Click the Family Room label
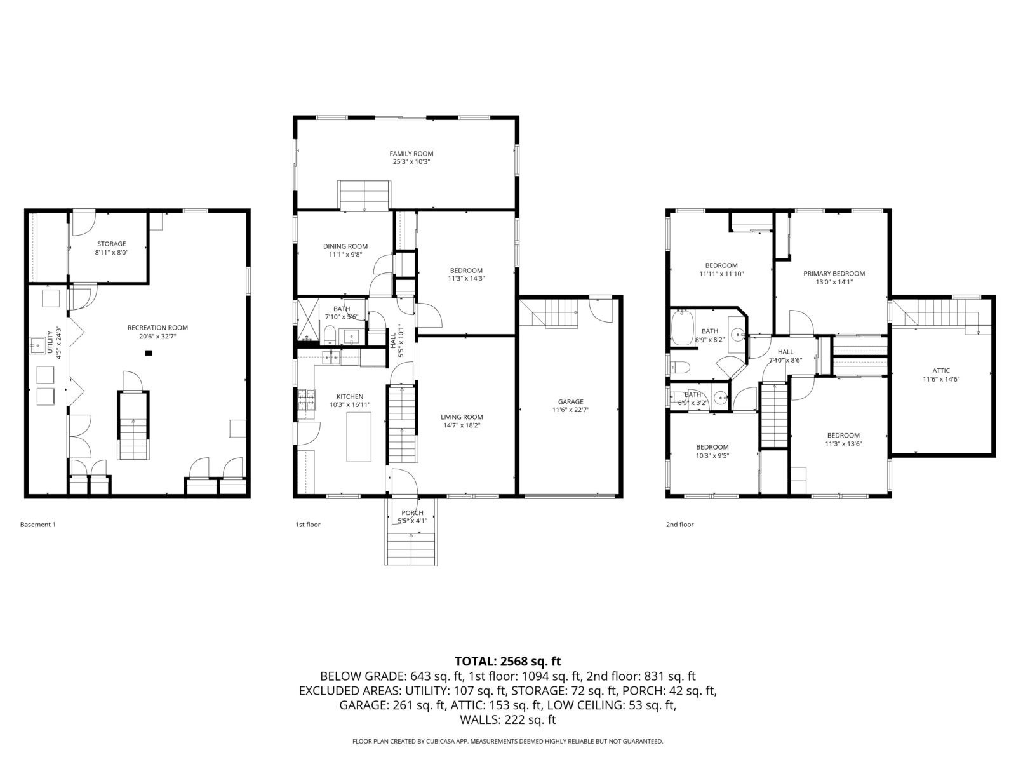pos(411,154)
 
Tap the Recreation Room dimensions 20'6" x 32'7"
pos(158,337)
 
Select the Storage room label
pos(112,244)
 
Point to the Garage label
pos(570,401)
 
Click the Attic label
pos(941,371)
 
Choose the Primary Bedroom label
pos(834,274)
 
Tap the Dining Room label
pos(345,246)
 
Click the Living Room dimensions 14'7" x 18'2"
pos(462,425)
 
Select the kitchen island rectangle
pos(359,437)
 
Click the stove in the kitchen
pos(306,400)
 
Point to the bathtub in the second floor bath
pos(682,328)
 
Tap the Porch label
pos(412,512)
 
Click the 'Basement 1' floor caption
pos(38,525)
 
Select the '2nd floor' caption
pos(679,525)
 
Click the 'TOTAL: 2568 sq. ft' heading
pos(508,661)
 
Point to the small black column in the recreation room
pos(149,353)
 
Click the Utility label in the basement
pos(50,342)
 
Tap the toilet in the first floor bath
pos(329,335)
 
